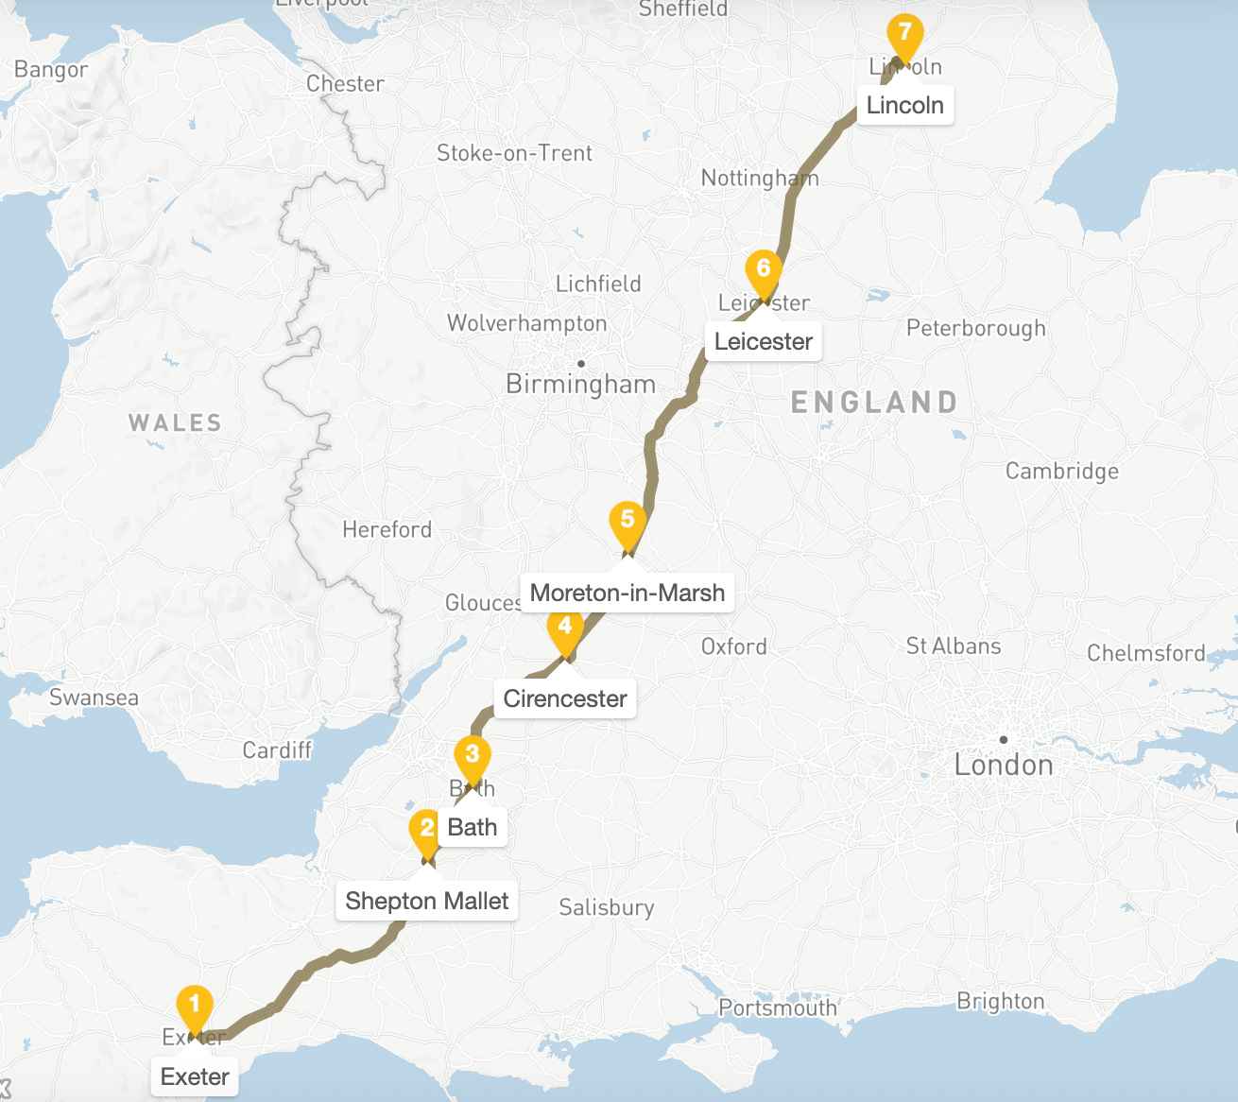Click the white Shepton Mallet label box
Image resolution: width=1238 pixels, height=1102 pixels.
click(426, 901)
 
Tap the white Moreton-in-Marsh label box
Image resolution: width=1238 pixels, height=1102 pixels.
click(628, 593)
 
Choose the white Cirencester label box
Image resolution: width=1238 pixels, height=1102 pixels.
click(565, 698)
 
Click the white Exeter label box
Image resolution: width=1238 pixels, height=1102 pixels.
click(195, 1076)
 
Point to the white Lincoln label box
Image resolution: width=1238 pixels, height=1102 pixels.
click(904, 105)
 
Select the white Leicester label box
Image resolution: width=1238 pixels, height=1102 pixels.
click(764, 341)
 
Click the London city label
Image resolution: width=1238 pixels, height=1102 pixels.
click(1004, 765)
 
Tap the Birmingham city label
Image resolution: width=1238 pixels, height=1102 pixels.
click(580, 384)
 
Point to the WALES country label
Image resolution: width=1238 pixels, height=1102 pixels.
click(175, 422)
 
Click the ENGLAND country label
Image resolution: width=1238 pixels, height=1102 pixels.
click(874, 403)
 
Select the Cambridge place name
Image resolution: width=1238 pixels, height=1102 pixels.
click(1061, 471)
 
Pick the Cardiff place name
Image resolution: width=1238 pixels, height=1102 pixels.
click(277, 749)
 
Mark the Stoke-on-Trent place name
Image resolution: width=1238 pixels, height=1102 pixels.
click(514, 153)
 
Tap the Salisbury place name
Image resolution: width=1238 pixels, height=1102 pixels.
click(606, 907)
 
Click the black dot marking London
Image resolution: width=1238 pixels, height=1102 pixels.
click(1004, 739)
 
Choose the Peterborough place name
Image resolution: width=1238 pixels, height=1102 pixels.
click(975, 328)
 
